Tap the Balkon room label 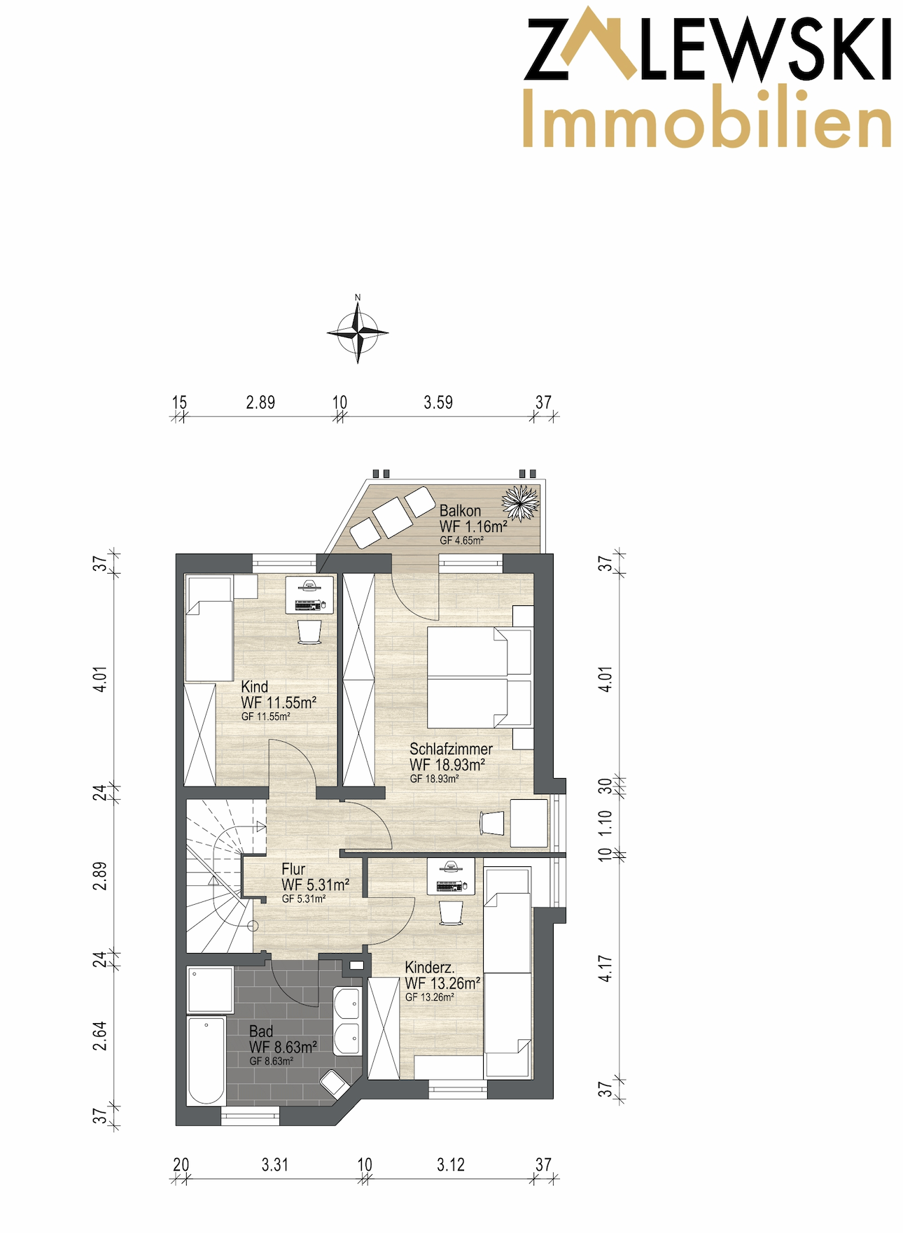coord(460,510)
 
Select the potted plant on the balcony coord(521,502)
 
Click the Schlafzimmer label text coord(451,749)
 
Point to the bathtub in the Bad coord(206,1059)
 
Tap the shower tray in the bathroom coord(210,989)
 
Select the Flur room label coord(293,868)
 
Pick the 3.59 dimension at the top coord(438,402)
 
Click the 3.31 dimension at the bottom coord(275,1164)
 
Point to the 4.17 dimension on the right coord(605,968)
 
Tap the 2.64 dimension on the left coord(100,1036)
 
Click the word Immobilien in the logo coord(707,117)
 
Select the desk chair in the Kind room coord(309,632)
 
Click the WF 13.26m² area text coord(442,983)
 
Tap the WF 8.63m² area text coord(283,1047)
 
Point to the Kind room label coord(254,686)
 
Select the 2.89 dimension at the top coord(260,402)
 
